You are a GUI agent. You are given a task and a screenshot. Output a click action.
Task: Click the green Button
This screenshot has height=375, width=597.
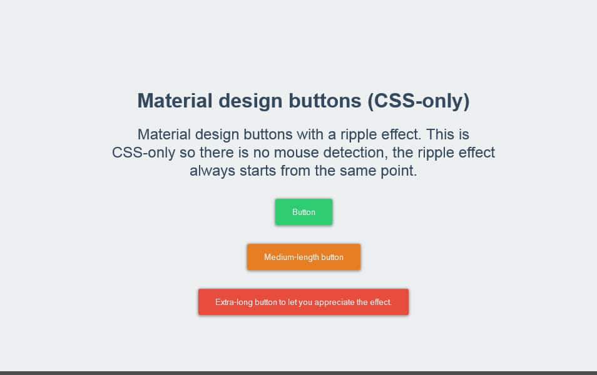point(304,212)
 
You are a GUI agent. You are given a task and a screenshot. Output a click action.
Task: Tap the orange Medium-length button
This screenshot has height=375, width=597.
point(304,257)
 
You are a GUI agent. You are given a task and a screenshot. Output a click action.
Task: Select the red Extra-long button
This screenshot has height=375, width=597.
point(304,302)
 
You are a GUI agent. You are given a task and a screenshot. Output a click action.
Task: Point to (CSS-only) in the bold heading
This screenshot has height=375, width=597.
point(419,101)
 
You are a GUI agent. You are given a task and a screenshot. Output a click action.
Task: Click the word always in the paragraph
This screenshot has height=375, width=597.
point(212,171)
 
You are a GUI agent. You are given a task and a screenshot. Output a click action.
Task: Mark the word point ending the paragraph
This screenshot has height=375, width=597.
point(398,171)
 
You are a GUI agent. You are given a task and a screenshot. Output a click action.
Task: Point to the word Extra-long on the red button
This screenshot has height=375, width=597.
point(234,302)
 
